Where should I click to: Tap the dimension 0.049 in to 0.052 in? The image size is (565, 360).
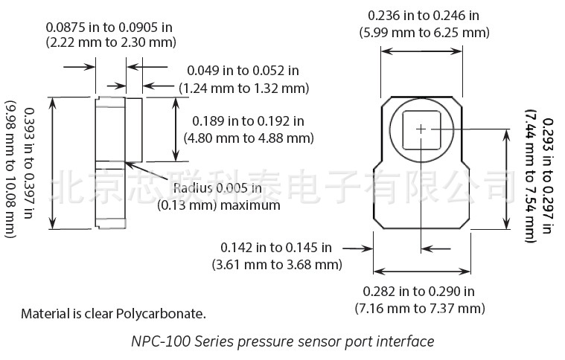pos(243,71)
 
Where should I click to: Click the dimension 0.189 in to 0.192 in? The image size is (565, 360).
pos(249,121)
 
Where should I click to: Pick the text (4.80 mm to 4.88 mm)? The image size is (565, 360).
pos(249,138)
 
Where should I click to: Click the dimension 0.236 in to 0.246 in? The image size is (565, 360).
pos(424,16)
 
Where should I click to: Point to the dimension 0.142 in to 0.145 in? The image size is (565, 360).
pos(276,248)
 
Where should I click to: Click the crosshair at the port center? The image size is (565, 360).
pos(421,129)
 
